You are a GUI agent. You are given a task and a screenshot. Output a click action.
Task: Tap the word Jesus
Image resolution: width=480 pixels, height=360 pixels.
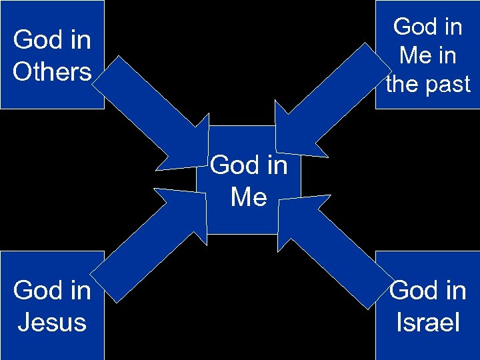(52, 322)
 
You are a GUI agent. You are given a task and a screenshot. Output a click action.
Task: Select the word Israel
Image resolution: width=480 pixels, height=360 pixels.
(427, 322)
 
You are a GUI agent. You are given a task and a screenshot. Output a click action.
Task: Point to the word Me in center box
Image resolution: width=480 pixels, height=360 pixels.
(249, 197)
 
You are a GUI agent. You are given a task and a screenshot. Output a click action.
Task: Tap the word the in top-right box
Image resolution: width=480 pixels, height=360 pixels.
(403, 84)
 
